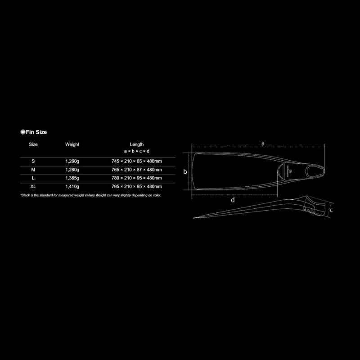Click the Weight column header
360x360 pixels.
pos(72,144)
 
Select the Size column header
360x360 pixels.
pos(33,144)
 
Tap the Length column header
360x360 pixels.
pos(137,144)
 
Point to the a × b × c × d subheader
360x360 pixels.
pos(137,151)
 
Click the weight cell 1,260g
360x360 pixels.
pos(72,161)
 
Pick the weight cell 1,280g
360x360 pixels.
pos(72,170)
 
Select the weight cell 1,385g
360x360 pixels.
pos(72,178)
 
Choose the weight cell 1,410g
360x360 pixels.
pos(72,186)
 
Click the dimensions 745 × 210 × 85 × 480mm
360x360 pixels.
pos(137,161)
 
